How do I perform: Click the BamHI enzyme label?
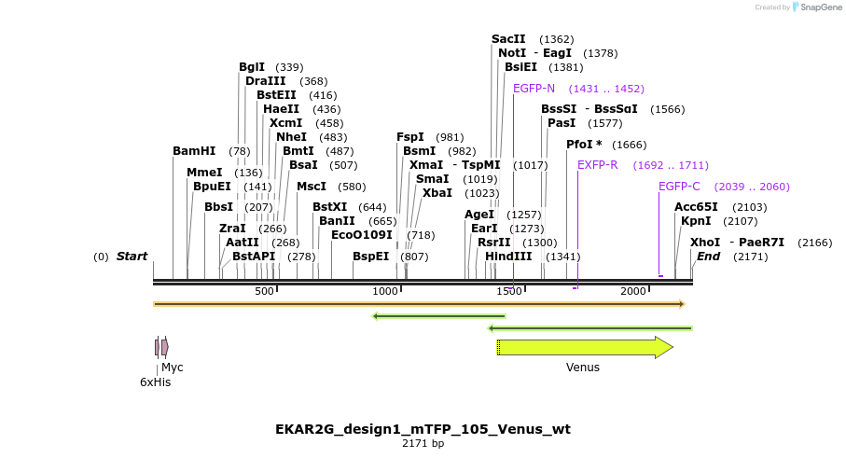click(x=194, y=151)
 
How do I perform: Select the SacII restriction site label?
click(x=508, y=39)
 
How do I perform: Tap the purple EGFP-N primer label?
click(x=534, y=89)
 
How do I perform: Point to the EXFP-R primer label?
click(x=597, y=165)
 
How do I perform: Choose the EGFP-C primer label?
click(x=679, y=187)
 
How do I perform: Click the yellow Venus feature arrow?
click(x=584, y=348)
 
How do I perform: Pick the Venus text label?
click(x=582, y=368)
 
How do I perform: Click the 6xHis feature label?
click(x=155, y=382)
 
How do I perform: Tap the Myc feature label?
click(x=173, y=368)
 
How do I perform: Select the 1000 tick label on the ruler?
click(x=385, y=292)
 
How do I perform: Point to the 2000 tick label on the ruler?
click(x=633, y=292)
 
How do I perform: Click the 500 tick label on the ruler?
click(x=264, y=292)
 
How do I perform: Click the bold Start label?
click(x=132, y=257)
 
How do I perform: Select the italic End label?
click(x=708, y=257)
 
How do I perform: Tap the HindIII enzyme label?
click(x=508, y=257)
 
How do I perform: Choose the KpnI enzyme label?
click(x=696, y=221)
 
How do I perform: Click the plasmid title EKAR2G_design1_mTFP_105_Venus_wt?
click(x=423, y=429)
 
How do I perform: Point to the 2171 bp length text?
click(x=423, y=444)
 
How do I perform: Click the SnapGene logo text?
click(x=818, y=7)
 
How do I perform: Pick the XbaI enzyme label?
click(x=437, y=193)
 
